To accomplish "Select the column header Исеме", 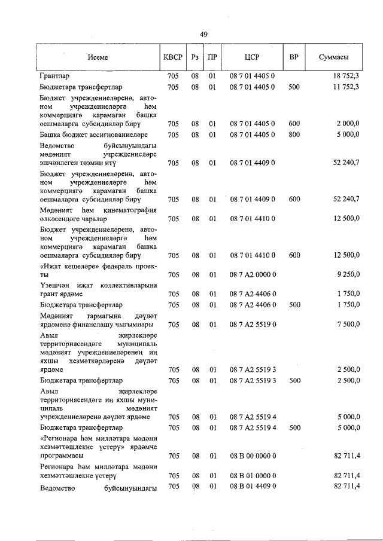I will [x=97, y=58].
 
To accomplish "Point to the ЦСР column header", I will [x=252, y=58].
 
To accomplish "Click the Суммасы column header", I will [x=333, y=58].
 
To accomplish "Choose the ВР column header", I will [x=294, y=58].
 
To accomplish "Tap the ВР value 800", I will [x=294, y=135].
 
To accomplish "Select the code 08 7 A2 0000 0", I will [x=252, y=275].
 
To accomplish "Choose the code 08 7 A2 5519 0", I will [x=252, y=325].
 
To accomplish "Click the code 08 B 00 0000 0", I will [x=252, y=456].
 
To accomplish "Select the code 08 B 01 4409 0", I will [x=252, y=487].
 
